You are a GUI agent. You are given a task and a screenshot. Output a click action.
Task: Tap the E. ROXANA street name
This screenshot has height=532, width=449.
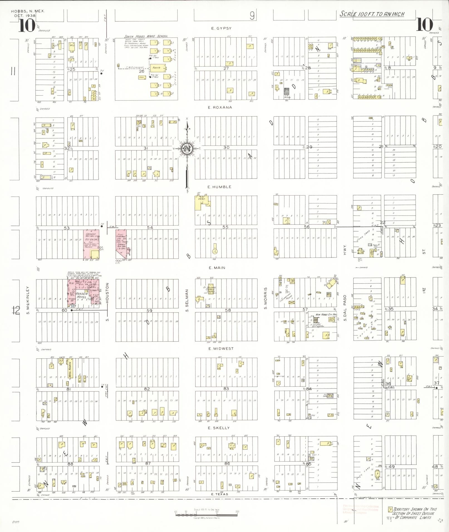tap(220, 107)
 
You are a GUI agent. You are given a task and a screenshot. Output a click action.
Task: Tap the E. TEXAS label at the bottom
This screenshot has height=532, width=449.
tap(220, 494)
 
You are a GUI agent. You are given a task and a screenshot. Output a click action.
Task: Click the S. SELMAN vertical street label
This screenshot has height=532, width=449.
tap(187, 300)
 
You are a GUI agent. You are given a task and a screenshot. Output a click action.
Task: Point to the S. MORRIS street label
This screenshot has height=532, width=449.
tap(266, 298)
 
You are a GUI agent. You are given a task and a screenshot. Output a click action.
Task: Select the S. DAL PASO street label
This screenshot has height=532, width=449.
tap(345, 308)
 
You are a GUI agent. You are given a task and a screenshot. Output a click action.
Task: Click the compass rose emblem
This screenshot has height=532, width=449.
tap(186, 149)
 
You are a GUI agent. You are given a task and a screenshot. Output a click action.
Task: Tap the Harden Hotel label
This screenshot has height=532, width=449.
tap(82, 296)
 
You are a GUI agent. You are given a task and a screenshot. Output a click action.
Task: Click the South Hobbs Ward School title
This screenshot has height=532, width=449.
tap(146, 36)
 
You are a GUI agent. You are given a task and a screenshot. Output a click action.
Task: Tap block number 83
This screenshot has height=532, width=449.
tap(226, 389)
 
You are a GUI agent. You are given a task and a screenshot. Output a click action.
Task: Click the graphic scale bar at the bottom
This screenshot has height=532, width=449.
tap(207, 515)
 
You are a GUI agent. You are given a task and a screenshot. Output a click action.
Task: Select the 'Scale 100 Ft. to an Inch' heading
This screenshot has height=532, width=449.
tap(372, 14)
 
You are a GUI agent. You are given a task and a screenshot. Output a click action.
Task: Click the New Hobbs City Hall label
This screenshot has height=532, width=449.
tap(326, 314)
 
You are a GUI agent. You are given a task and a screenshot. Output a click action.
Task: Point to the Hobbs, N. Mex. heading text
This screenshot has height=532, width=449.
tap(28, 11)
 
